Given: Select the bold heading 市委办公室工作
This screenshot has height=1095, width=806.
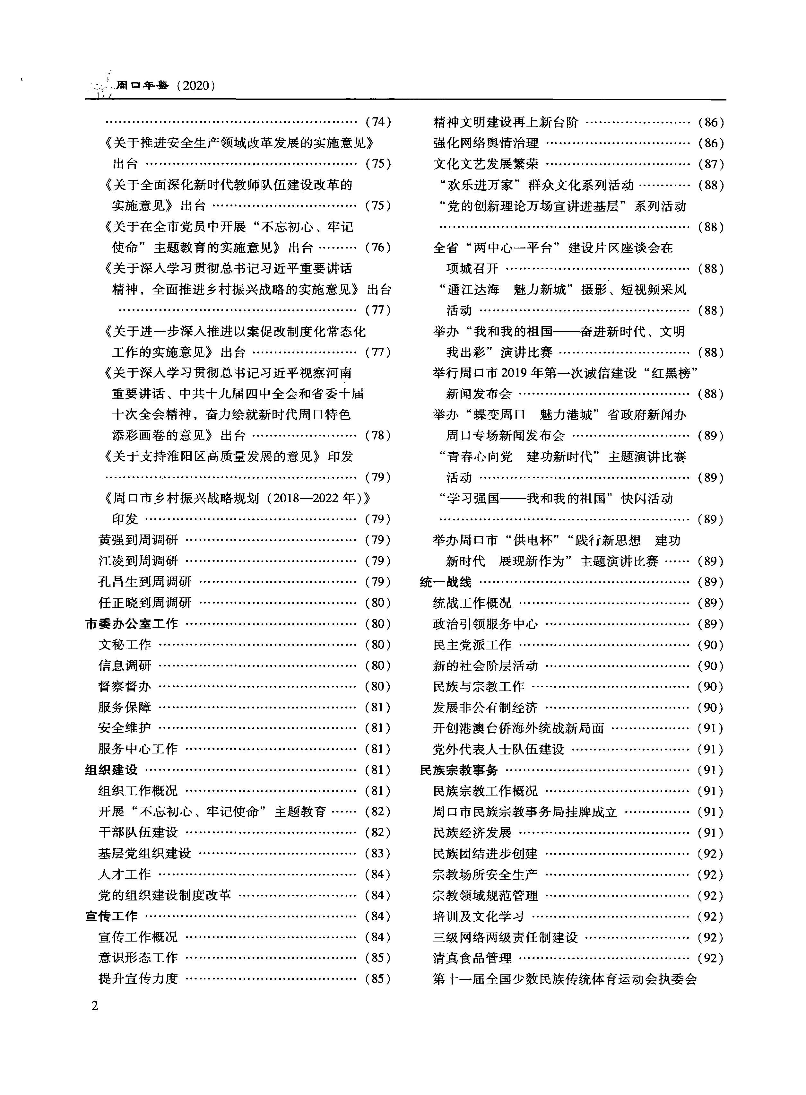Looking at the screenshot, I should click(132, 624).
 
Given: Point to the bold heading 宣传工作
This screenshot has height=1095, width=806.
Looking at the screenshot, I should click(111, 916).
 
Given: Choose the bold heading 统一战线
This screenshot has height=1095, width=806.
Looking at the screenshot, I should click(446, 582).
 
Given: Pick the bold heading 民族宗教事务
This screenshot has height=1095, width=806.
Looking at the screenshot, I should click(459, 770).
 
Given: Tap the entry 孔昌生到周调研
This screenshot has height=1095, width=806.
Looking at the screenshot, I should click(145, 582).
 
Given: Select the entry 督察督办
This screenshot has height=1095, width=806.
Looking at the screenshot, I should click(125, 686).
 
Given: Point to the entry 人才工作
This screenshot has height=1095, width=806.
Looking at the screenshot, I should click(125, 874).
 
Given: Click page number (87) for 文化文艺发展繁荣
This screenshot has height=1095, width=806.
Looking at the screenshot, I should click(711, 164).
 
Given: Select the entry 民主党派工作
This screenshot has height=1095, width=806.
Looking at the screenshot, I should click(472, 645).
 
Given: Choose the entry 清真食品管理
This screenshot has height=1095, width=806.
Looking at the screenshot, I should click(472, 958).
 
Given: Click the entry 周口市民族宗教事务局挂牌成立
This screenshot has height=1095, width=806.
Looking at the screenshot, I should click(525, 812).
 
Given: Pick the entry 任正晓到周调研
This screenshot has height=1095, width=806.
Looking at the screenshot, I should click(145, 603).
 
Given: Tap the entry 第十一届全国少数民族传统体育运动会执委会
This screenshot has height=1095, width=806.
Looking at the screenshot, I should click(565, 979).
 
